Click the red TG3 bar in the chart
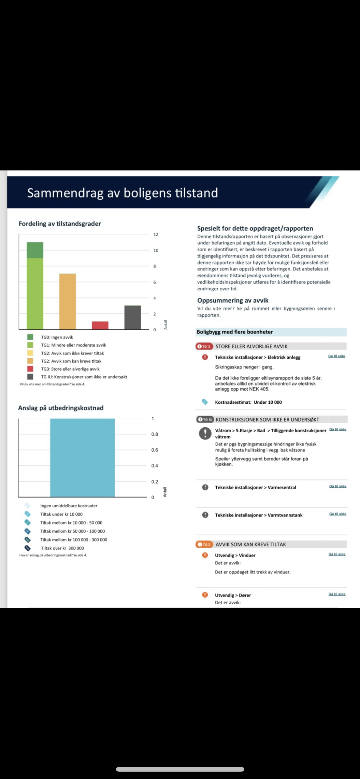[100, 325]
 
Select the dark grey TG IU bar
[133, 317]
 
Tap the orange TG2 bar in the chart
[67, 302]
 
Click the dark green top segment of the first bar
[35, 250]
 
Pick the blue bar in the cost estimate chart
[82, 457]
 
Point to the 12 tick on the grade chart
[156, 234]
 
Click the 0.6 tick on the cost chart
[154, 450]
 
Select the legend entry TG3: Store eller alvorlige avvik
[70, 369]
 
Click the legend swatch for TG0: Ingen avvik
[30, 337]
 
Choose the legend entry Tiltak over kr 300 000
[62, 548]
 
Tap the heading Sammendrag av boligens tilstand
[122, 193]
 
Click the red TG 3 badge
[204, 346]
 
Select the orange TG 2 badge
[204, 544]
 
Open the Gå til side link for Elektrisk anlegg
[337, 356]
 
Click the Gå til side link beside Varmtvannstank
[338, 514]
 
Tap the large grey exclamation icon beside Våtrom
[205, 433]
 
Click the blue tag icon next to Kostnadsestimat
[205, 402]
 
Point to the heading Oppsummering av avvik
[233, 300]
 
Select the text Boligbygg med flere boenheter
[235, 332]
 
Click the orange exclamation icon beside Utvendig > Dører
[205, 595]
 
